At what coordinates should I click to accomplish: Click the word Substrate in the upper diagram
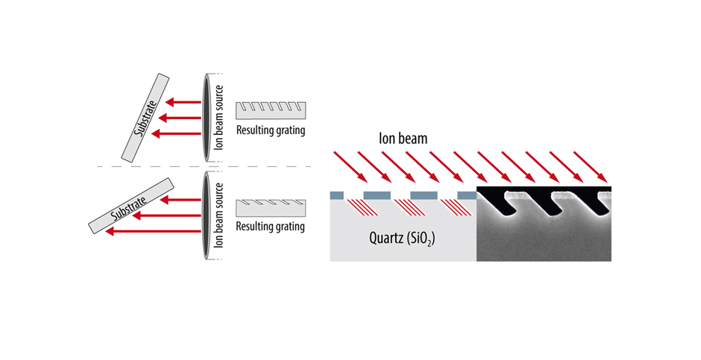pyautogui.click(x=145, y=119)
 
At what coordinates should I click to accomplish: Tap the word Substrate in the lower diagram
pyautogui.click(x=129, y=208)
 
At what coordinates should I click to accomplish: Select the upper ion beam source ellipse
pyautogui.click(x=206, y=118)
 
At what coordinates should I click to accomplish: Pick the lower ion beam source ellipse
pyautogui.click(x=206, y=215)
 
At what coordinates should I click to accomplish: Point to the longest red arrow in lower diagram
pyautogui.click(x=153, y=231)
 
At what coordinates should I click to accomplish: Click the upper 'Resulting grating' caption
pyautogui.click(x=271, y=130)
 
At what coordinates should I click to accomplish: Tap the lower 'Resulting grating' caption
pyautogui.click(x=271, y=227)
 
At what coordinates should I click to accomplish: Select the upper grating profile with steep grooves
pyautogui.click(x=271, y=110)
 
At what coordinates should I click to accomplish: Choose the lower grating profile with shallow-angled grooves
pyautogui.click(x=271, y=208)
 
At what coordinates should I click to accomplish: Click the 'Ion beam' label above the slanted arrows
pyautogui.click(x=403, y=138)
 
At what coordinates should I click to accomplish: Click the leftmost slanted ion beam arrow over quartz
pyautogui.click(x=350, y=167)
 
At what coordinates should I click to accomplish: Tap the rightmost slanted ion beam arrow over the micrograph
pyautogui.click(x=591, y=167)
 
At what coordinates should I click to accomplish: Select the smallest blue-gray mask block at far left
pyautogui.click(x=336, y=195)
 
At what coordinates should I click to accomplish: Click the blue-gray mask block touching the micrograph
pyautogui.click(x=467, y=195)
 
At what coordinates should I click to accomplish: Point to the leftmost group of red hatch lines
pyautogui.click(x=362, y=207)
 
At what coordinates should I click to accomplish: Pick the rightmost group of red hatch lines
pyautogui.click(x=456, y=207)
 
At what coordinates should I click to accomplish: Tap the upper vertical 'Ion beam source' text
pyautogui.click(x=219, y=118)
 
